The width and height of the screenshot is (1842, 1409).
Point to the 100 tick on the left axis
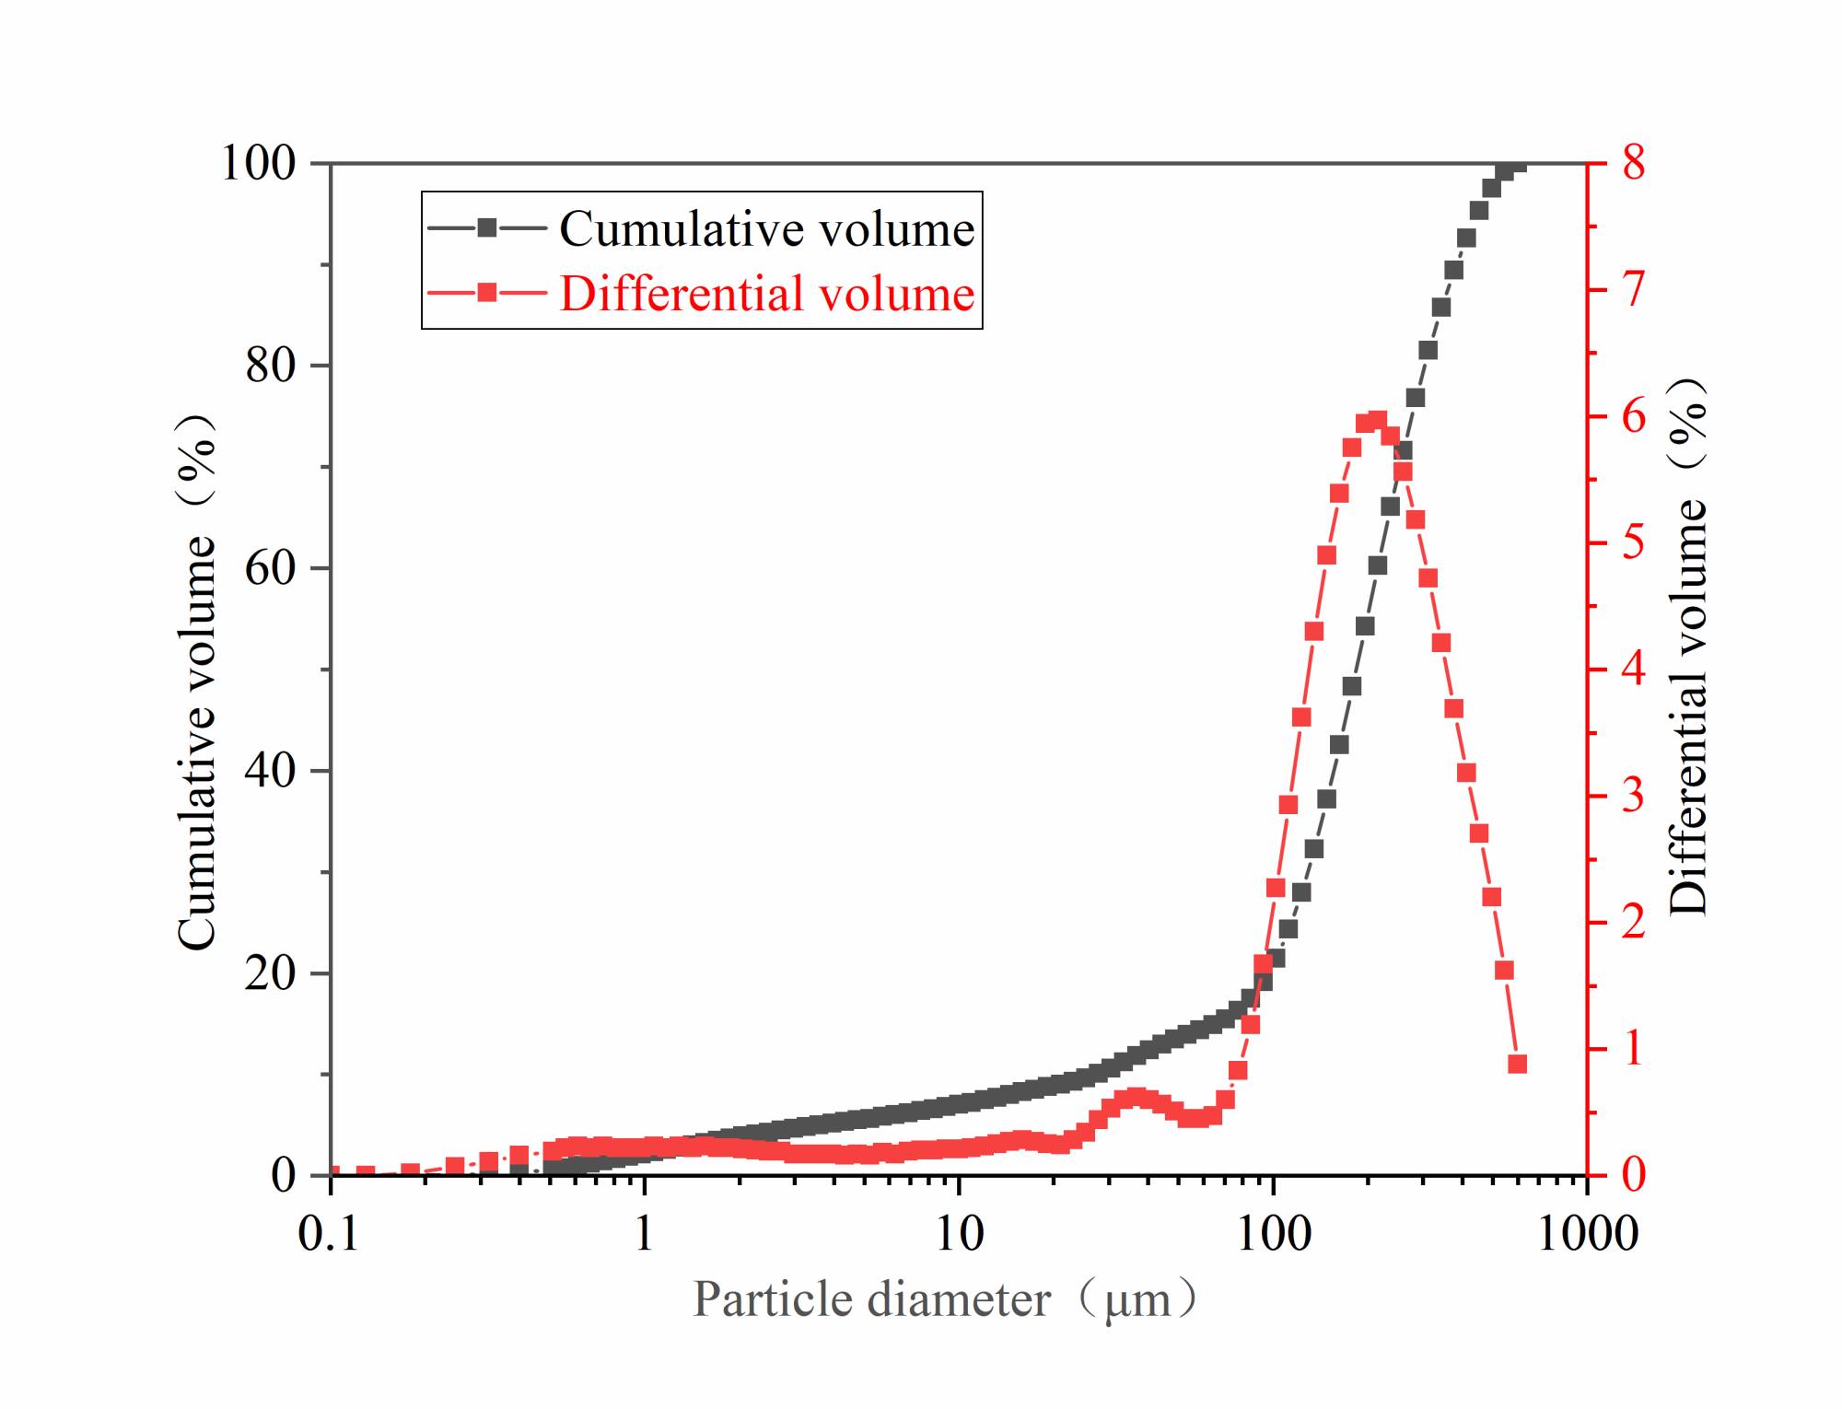[x=258, y=164]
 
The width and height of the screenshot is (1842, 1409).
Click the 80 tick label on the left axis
[x=270, y=367]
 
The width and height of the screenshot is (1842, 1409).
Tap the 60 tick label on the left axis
[x=270, y=568]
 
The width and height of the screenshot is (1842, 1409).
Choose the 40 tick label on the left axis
[x=270, y=771]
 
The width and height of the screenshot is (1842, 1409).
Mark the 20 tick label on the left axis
[x=270, y=973]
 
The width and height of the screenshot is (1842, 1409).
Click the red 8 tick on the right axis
[x=1633, y=164]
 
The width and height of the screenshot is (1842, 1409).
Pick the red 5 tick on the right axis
[x=1633, y=542]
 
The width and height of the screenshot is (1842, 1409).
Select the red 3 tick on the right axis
[x=1633, y=796]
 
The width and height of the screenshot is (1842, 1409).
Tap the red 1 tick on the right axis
[x=1633, y=1049]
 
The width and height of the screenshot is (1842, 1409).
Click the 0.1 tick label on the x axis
[x=329, y=1233]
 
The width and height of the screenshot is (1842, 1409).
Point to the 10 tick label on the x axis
[x=960, y=1233]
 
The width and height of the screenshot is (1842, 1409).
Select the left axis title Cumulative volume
[x=196, y=681]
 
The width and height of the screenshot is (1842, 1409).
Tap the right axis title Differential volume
[x=1687, y=645]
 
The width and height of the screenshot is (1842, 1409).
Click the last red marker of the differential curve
[x=1517, y=1065]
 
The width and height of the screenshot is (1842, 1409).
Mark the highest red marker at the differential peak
[x=1377, y=421]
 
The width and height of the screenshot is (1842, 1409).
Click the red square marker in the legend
[x=487, y=294]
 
